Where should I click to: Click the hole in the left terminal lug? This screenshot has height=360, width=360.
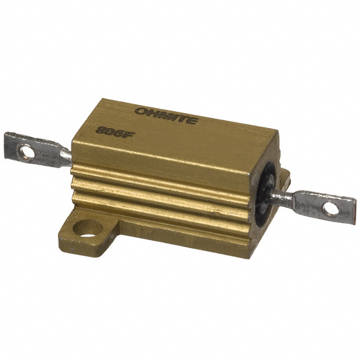pos(25,150)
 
